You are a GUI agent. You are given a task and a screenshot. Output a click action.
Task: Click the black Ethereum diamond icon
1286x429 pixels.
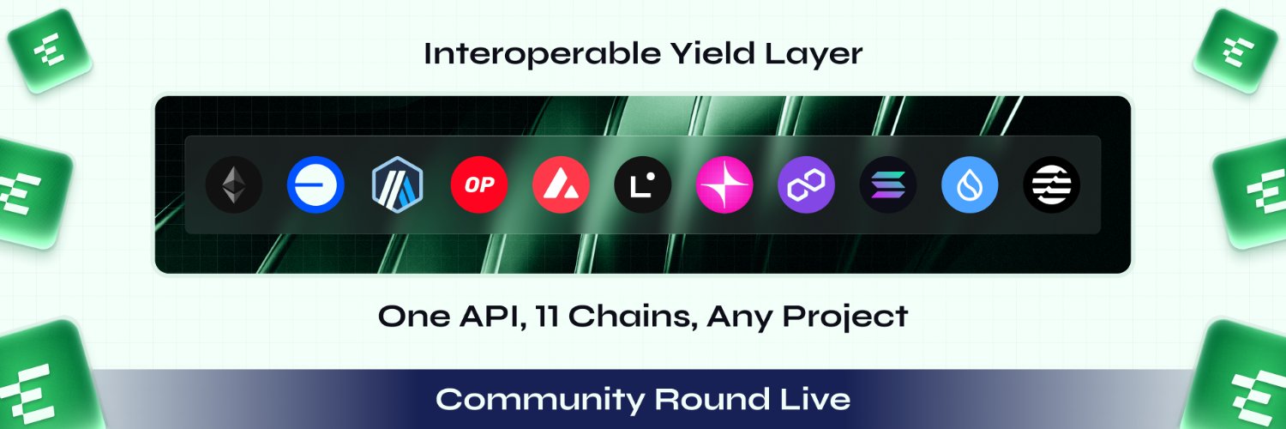(x=234, y=185)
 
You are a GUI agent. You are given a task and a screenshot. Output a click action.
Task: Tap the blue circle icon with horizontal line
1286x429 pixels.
(x=315, y=185)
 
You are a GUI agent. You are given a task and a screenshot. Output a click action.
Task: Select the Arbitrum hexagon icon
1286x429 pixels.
(x=397, y=185)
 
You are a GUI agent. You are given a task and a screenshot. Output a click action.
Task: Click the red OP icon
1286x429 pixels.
(x=478, y=185)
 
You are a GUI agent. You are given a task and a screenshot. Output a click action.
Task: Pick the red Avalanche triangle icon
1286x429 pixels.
(x=561, y=185)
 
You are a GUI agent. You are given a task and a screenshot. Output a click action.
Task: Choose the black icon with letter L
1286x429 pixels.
(x=642, y=185)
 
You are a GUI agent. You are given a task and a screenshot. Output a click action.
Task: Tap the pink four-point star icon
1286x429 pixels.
(x=724, y=185)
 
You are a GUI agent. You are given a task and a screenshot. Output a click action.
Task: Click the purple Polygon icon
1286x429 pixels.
(x=806, y=185)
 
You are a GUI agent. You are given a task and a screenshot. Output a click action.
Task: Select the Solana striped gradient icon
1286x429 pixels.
(x=887, y=185)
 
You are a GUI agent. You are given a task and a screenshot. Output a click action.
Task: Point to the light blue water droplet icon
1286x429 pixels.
(x=970, y=185)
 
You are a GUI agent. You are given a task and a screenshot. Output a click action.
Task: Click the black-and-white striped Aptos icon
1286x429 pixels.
(x=1051, y=185)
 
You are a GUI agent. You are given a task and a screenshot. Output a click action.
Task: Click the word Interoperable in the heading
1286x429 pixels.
(x=543, y=55)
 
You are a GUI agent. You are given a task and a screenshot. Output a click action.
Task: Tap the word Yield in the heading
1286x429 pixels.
(x=712, y=53)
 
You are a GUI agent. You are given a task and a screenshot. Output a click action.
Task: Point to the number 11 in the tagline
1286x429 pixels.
(x=547, y=316)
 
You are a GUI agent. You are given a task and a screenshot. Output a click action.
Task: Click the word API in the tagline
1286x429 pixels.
(x=493, y=317)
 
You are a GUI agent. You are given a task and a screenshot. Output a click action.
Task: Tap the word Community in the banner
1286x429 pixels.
(x=540, y=400)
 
